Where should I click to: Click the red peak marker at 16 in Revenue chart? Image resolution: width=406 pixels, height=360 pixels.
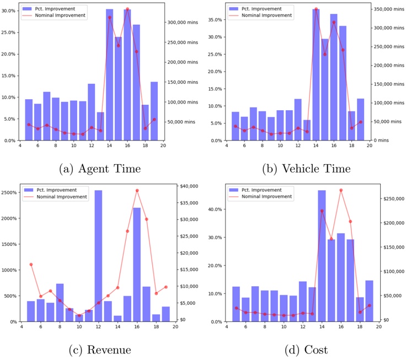[137, 191]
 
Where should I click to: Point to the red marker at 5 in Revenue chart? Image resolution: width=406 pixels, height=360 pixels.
[31, 265]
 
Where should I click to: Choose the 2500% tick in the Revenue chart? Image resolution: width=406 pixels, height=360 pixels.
[11, 192]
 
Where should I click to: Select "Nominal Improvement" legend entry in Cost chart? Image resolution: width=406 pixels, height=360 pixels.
[273, 196]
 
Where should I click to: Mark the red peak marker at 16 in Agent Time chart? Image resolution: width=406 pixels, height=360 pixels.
[127, 9]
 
